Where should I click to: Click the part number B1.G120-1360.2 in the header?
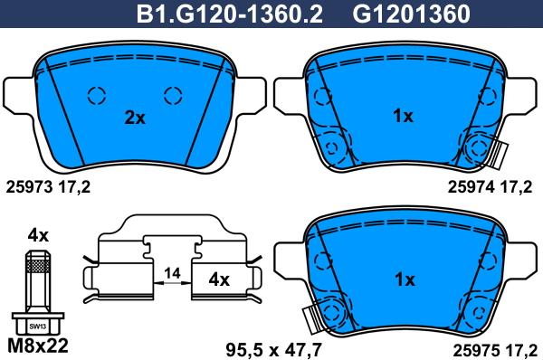pos(230,14)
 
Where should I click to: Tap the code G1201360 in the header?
pos(411,14)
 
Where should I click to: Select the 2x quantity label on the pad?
pos(135,118)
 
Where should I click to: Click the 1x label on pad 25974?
pos(403,116)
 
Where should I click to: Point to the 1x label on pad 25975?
pos(405,279)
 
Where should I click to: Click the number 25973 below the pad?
pos(30,187)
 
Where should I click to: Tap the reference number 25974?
pos(471,187)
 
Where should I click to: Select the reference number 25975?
pos(477,350)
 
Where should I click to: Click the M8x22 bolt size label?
pos(38,346)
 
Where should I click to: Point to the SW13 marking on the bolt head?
pos(38,327)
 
